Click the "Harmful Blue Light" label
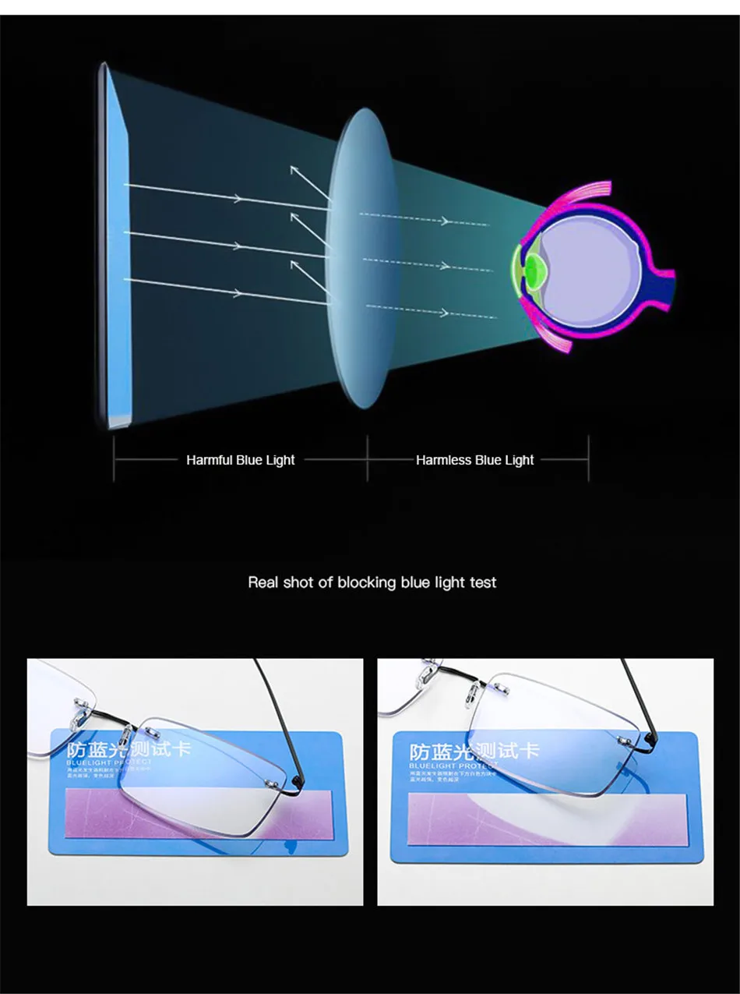240,460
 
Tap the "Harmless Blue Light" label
474,460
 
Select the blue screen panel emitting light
116,242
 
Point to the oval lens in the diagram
359,257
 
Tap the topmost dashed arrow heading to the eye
425,220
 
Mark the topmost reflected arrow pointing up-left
307,181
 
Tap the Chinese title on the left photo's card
129,750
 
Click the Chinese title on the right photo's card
474,752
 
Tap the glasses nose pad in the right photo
428,670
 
